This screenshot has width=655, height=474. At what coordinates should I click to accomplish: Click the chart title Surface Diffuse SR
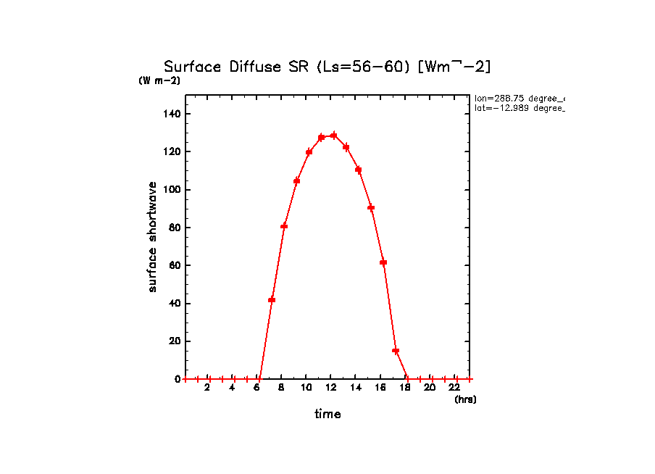point(327,67)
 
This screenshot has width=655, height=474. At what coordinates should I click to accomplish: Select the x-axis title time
point(327,415)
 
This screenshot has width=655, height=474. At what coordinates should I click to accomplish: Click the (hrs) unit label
point(465,399)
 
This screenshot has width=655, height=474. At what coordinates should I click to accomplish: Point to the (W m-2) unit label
point(159,80)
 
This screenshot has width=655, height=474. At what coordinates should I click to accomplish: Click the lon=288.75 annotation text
point(519,98)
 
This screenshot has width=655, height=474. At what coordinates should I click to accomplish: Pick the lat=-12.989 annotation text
point(519,108)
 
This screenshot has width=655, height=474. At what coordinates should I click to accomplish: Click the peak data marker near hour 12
point(333,136)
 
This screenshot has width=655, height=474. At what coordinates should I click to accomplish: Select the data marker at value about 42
point(272,299)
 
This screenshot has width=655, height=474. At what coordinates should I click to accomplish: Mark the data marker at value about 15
point(396,351)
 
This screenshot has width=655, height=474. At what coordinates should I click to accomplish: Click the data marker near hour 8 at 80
point(284,226)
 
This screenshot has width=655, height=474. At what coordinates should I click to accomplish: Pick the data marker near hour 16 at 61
point(383,262)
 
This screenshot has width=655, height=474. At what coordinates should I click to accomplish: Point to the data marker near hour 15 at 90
point(371,208)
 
